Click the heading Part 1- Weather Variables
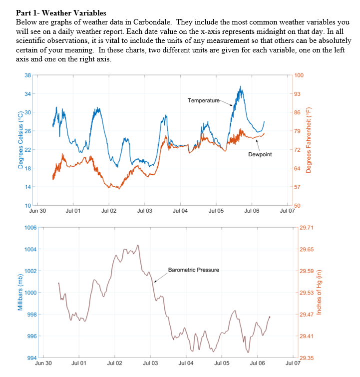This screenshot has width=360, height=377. [x=61, y=12]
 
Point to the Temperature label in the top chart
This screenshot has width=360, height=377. [x=203, y=101]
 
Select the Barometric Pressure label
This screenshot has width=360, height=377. [x=193, y=270]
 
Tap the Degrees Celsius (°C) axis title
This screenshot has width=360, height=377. [x=20, y=140]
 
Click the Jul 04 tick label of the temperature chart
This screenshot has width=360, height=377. [x=180, y=211]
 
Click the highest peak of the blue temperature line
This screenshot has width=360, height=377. [x=241, y=86]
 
